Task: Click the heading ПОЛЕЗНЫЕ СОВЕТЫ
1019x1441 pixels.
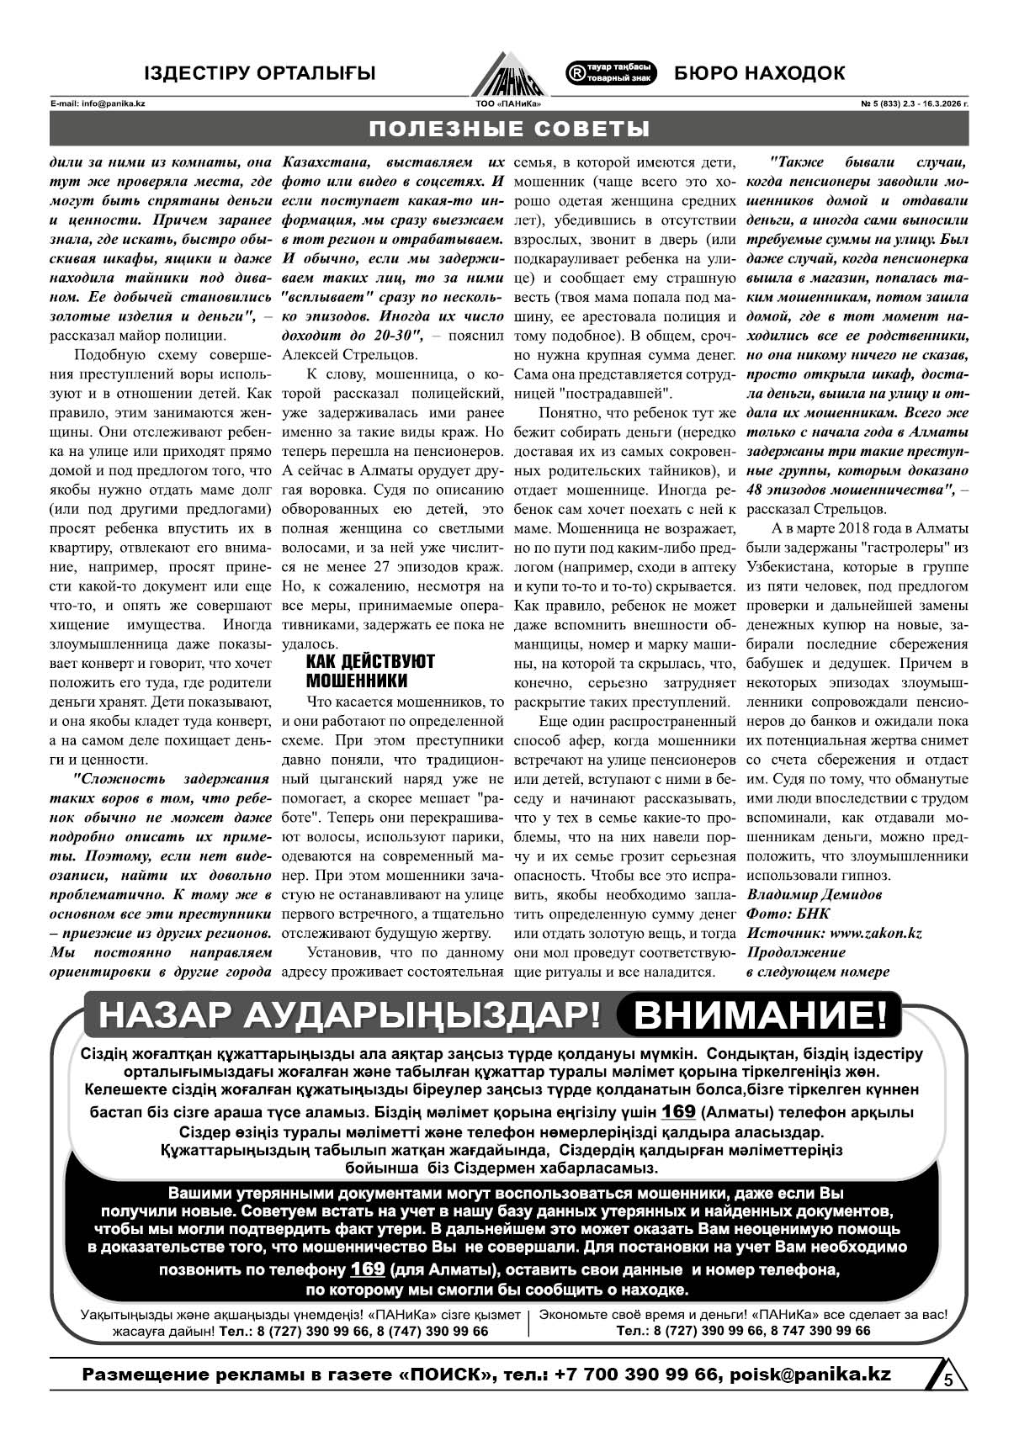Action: pyautogui.click(x=509, y=130)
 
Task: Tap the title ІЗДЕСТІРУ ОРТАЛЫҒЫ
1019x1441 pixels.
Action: pyautogui.click(x=259, y=73)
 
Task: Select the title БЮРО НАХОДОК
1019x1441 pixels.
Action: pyautogui.click(x=759, y=73)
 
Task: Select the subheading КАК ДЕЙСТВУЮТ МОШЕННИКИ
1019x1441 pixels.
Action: pyautogui.click(x=370, y=670)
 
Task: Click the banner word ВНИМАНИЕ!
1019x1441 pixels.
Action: pyautogui.click(x=760, y=1015)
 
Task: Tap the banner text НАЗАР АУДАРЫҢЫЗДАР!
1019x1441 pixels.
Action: pyautogui.click(x=348, y=1015)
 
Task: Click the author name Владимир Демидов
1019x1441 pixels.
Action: pyautogui.click(x=815, y=894)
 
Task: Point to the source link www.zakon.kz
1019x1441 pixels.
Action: pyautogui.click(x=875, y=933)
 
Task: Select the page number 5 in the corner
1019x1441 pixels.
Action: pyautogui.click(x=947, y=1381)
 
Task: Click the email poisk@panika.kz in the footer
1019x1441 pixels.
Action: pyautogui.click(x=810, y=1374)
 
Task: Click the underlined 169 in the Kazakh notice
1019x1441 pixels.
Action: pyautogui.click(x=678, y=1111)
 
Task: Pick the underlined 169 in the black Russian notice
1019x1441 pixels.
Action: pyautogui.click(x=368, y=1269)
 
